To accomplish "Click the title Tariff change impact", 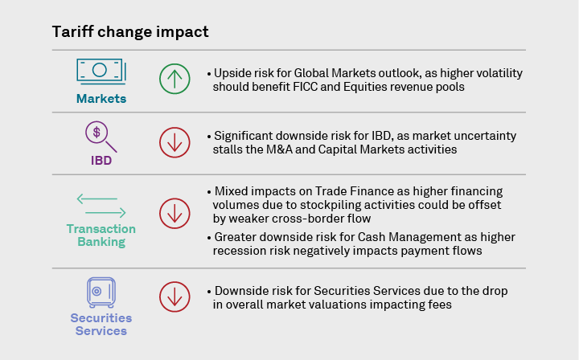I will [130, 32].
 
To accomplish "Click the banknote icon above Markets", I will [100, 71].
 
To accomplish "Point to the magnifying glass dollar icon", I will [100, 136].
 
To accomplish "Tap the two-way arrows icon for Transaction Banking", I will [101, 206].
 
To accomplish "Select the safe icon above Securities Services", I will [101, 292].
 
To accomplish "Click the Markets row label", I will [101, 99].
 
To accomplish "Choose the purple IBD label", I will [101, 160].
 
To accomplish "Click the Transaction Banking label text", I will [101, 235].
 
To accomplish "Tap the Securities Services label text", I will [101, 325].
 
